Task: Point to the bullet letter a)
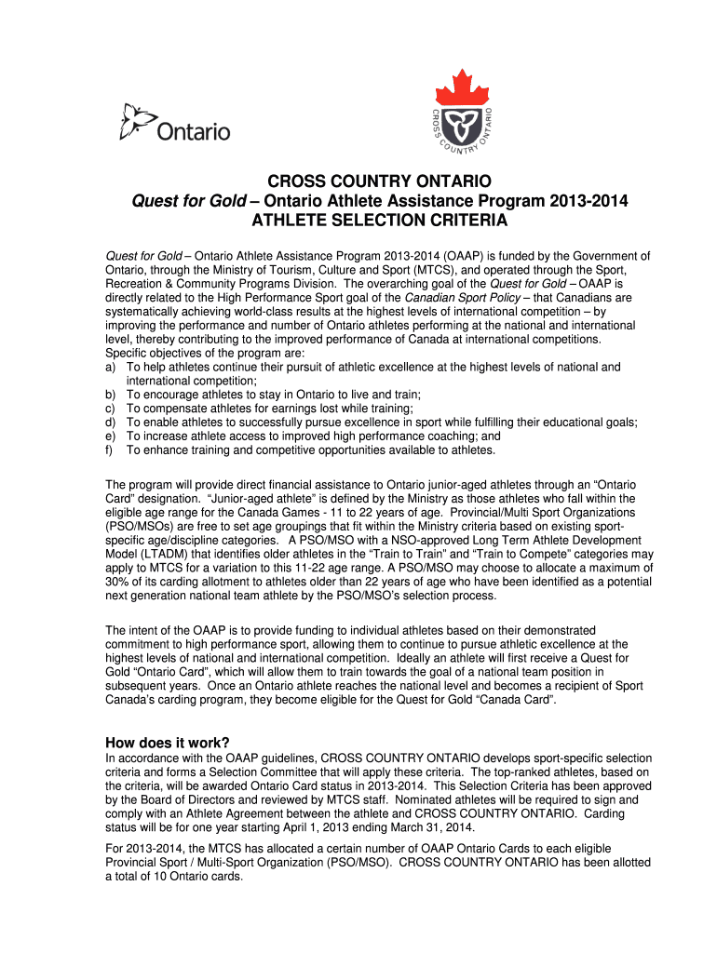pos(111,367)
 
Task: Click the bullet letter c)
pos(111,408)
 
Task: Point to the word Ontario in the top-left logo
pos(193,132)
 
